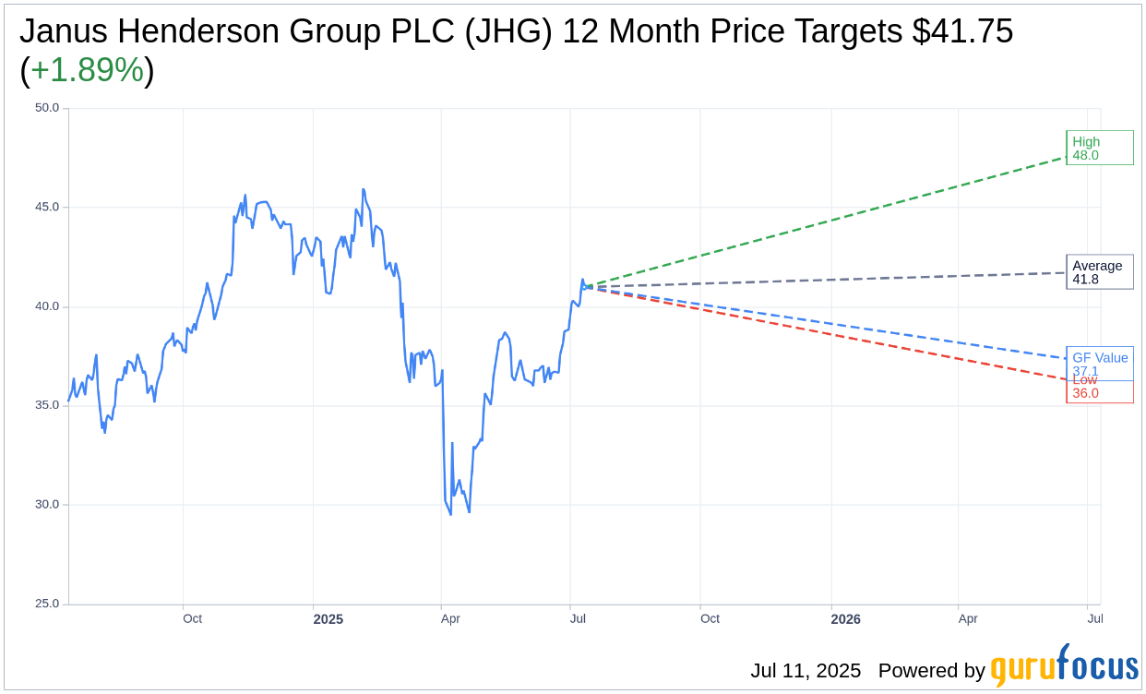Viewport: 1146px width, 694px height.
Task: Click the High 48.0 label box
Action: click(x=1099, y=148)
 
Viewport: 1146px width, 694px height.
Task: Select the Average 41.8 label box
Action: click(x=1099, y=272)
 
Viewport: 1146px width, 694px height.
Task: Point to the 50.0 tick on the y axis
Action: click(x=47, y=108)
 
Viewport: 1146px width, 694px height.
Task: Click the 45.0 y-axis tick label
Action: click(x=47, y=207)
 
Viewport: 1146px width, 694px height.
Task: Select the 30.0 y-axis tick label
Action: click(x=47, y=505)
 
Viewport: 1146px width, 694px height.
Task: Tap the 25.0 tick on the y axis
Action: click(x=47, y=604)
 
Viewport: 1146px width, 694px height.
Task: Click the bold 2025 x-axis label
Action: click(x=328, y=619)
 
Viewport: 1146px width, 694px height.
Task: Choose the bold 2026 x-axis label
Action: click(x=845, y=619)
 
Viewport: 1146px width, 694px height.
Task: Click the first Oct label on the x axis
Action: click(x=192, y=618)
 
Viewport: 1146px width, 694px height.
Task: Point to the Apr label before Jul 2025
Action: click(x=450, y=618)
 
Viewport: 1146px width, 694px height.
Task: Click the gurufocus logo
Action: click(x=1064, y=666)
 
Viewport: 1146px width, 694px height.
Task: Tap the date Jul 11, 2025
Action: click(x=805, y=671)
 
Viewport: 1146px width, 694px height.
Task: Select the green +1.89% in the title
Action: click(x=87, y=70)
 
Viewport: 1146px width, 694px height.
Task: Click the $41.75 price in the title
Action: click(x=962, y=31)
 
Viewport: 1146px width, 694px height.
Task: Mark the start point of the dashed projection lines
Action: click(x=587, y=286)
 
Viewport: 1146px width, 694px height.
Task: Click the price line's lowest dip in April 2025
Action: click(x=450, y=514)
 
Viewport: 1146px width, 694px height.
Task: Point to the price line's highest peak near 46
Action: click(x=364, y=189)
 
